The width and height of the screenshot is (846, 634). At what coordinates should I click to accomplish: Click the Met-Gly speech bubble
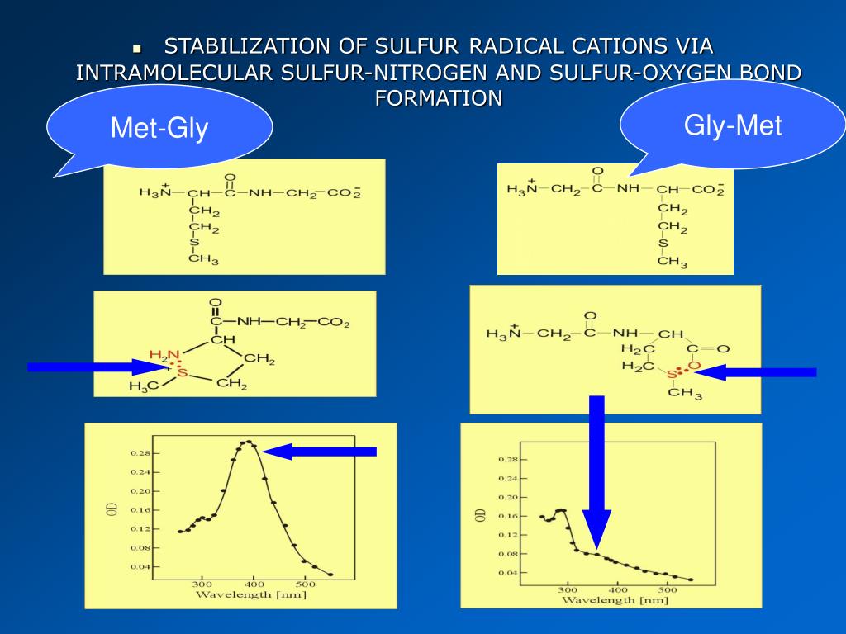tap(159, 129)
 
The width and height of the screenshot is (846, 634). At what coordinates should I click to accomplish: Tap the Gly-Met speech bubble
tap(733, 125)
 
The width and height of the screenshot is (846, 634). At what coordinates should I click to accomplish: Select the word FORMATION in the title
tap(438, 98)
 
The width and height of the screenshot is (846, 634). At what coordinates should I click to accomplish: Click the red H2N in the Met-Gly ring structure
tap(163, 355)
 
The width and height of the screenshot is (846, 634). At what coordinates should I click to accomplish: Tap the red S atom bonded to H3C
tap(183, 373)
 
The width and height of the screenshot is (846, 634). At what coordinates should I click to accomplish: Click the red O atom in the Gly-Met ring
tap(694, 366)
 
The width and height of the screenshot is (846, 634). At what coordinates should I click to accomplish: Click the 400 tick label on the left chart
tap(254, 583)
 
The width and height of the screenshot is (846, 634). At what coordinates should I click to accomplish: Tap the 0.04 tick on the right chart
tap(507, 572)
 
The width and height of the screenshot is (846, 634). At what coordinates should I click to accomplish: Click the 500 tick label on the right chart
tap(666, 589)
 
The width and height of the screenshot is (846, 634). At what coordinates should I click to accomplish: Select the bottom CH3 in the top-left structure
tap(203, 260)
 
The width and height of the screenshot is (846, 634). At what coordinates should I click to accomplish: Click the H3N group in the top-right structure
tap(521, 190)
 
